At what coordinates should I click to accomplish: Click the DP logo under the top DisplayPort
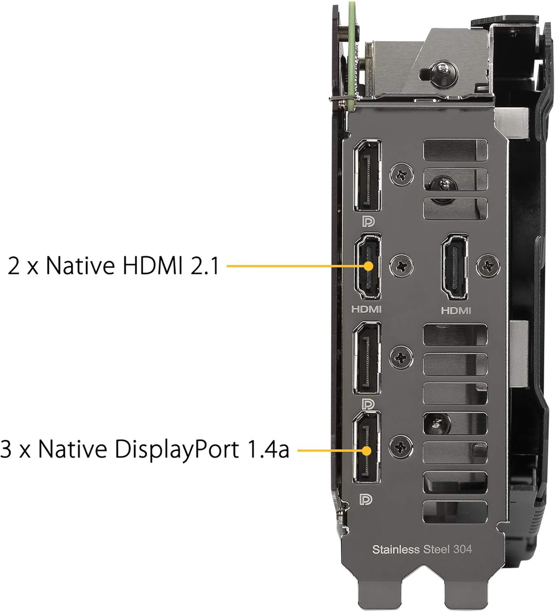[368, 221]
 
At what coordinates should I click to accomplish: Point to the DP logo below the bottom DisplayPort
[366, 500]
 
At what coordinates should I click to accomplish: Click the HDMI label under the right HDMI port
[456, 311]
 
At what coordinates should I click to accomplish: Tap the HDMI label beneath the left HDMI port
[366, 309]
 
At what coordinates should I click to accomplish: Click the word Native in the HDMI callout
[80, 265]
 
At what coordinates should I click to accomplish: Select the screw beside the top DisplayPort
[402, 175]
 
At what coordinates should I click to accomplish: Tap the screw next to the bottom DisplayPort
[401, 447]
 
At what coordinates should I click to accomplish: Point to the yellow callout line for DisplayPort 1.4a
[331, 450]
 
